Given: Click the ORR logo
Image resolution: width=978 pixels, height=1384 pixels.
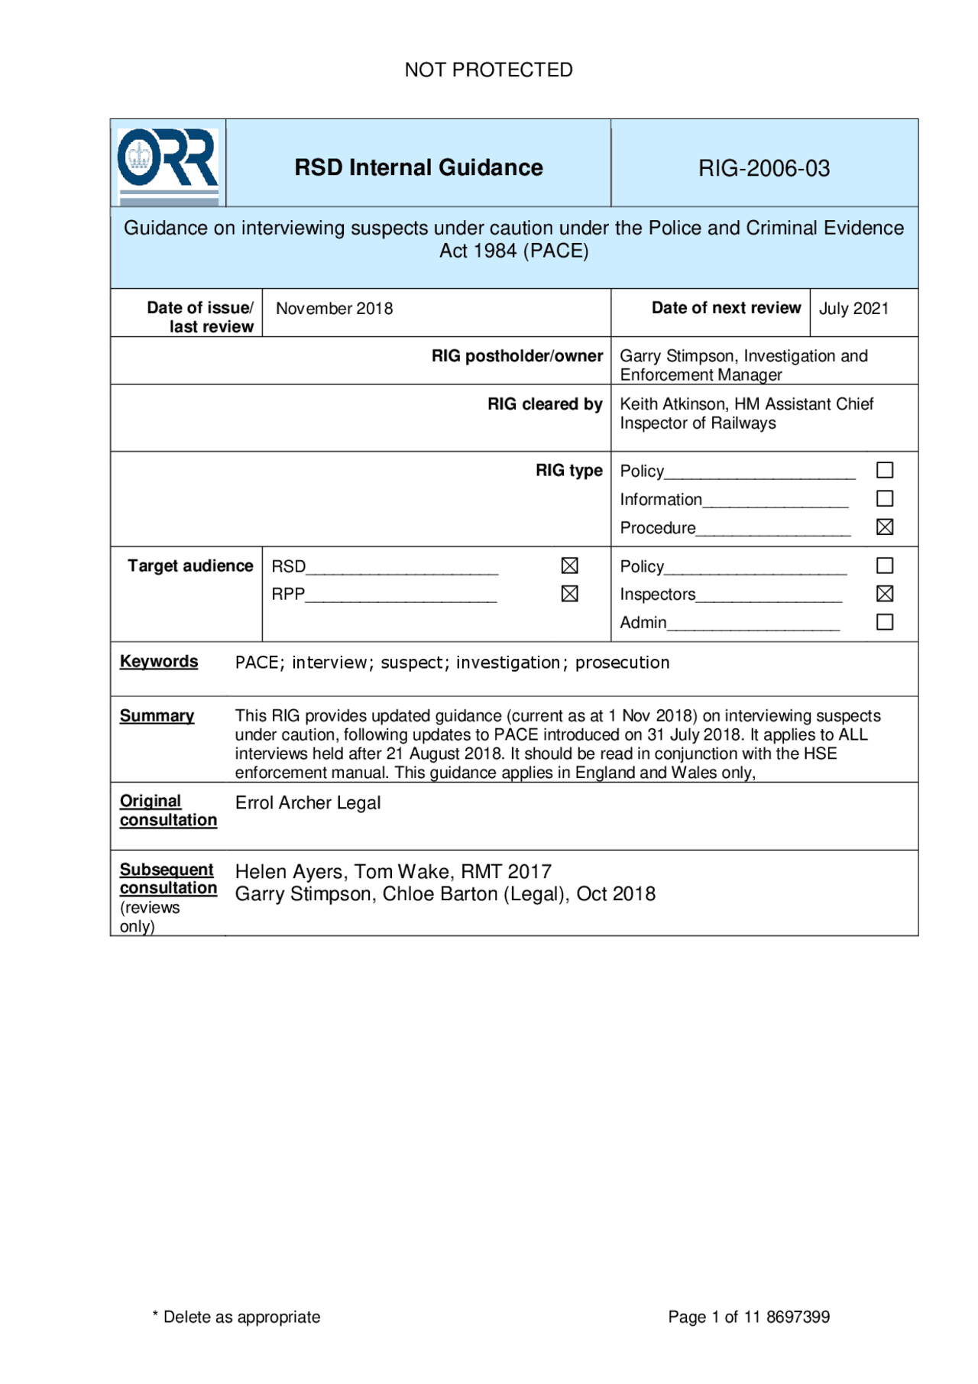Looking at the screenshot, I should (x=167, y=163).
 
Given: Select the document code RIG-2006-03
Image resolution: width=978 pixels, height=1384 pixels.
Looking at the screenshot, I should (x=763, y=168).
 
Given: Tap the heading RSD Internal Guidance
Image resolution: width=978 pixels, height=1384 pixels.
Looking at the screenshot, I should (x=419, y=167).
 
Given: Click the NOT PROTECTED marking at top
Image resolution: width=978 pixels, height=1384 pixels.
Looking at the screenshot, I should (x=488, y=70).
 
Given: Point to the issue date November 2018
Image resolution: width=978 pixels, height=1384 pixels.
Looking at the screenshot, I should (x=334, y=309).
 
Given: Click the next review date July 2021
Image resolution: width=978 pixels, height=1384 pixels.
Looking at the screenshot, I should (x=853, y=309).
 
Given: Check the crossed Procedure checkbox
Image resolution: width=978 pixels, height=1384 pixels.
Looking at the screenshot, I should (x=884, y=527).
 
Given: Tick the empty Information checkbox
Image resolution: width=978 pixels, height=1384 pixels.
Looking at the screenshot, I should (x=884, y=499).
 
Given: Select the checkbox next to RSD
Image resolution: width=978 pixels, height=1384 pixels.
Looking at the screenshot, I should (x=569, y=566).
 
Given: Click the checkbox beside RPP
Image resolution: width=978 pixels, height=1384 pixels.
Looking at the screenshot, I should (x=569, y=594).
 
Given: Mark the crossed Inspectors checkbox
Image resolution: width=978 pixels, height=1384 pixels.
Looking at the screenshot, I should (x=884, y=594).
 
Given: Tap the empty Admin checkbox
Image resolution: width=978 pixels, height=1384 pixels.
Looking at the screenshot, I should (x=884, y=622).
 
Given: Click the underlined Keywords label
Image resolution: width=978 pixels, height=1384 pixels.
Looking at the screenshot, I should (x=159, y=662).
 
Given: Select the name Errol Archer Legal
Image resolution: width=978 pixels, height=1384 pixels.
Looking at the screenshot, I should (x=307, y=803).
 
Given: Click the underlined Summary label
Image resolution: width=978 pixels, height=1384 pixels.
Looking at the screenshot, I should (x=157, y=716).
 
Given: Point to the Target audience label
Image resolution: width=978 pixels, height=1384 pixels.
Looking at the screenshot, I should (x=190, y=566).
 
